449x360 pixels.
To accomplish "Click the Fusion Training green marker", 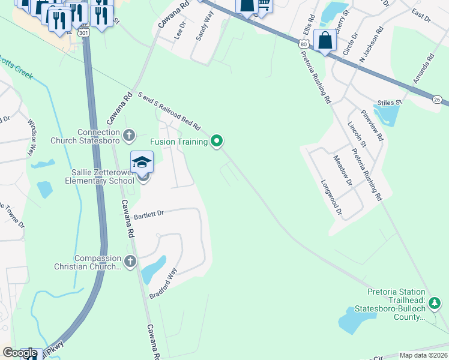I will [x=217, y=142].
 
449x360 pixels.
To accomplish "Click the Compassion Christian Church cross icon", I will [x=130, y=261].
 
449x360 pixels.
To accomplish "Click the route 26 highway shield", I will [x=436, y=100].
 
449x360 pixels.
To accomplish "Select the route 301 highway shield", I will [x=83, y=32].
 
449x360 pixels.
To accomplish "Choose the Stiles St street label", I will [x=388, y=103].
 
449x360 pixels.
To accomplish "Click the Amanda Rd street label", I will [x=423, y=70].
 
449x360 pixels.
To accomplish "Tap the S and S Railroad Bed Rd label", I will [x=169, y=110].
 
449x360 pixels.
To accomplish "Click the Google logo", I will [x=20, y=353].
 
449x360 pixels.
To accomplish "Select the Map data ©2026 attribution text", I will [x=423, y=355].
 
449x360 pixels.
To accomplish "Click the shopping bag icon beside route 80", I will [x=325, y=41].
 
